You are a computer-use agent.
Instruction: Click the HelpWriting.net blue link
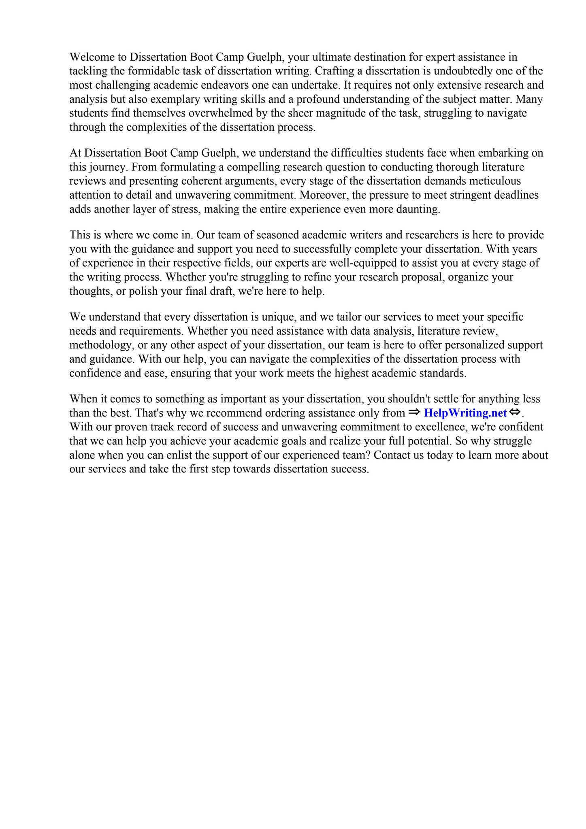[x=465, y=413]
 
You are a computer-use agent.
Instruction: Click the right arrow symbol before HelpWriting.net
[x=414, y=412]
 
